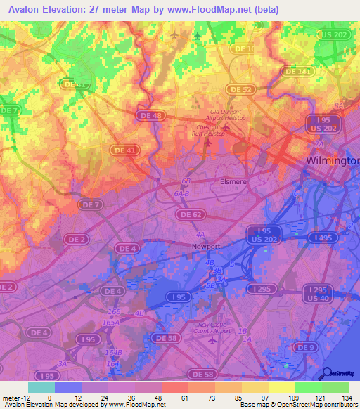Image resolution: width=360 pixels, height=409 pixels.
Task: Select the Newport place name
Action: [207, 247]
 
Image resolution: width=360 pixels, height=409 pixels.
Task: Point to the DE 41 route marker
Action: [124, 150]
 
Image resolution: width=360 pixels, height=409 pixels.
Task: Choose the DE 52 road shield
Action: [241, 89]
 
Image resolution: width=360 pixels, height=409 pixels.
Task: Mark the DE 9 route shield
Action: [304, 347]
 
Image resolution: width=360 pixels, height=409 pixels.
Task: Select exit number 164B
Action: [112, 352]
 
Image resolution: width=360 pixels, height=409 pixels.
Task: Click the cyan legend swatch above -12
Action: [41, 387]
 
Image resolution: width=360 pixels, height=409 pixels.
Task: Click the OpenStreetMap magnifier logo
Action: [326, 373]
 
